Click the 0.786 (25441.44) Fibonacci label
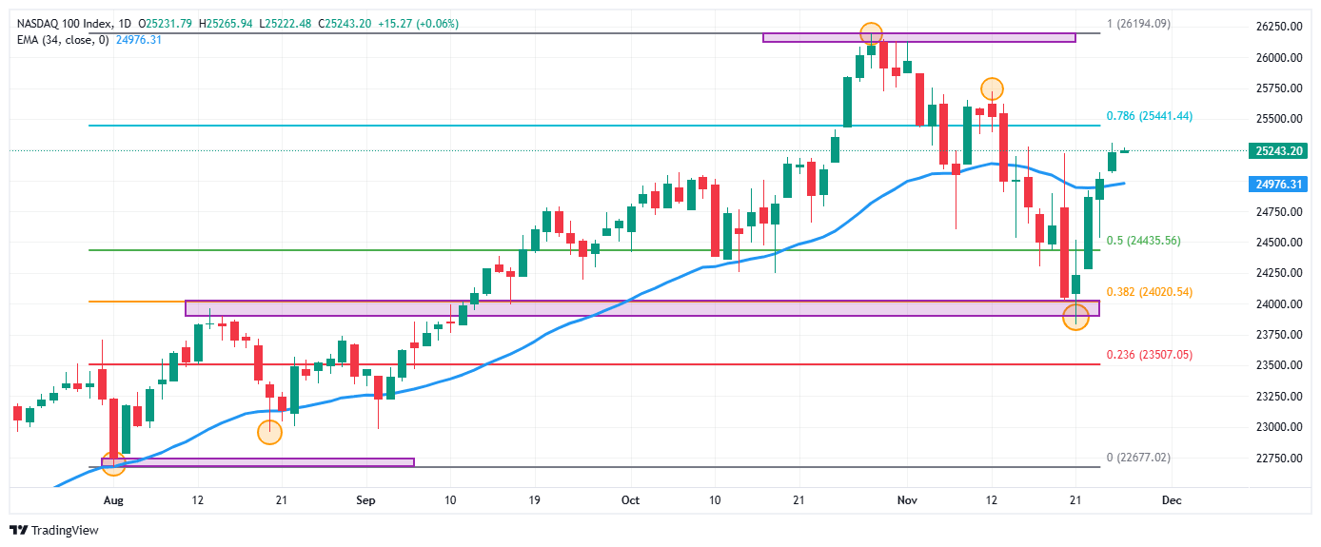click(1149, 116)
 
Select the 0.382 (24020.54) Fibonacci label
click(1149, 292)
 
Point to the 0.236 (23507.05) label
click(1149, 355)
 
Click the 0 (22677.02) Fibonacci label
click(1138, 458)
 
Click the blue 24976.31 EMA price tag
click(1279, 185)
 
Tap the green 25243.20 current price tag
click(1279, 150)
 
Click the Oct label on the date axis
click(629, 499)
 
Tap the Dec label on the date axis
click(1172, 499)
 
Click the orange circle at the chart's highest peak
click(870, 33)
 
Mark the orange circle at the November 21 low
click(1075, 319)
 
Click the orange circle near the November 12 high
click(992, 89)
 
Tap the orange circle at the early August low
click(113, 465)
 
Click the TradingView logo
click(54, 530)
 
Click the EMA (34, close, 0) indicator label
click(61, 39)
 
